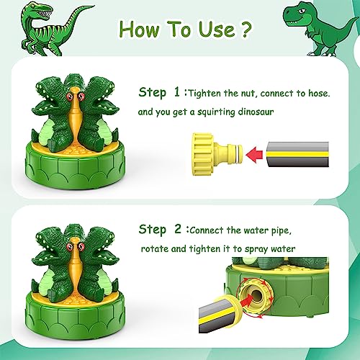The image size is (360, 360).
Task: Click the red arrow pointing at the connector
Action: tap(253, 153)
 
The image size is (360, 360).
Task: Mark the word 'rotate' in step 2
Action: tap(155, 249)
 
